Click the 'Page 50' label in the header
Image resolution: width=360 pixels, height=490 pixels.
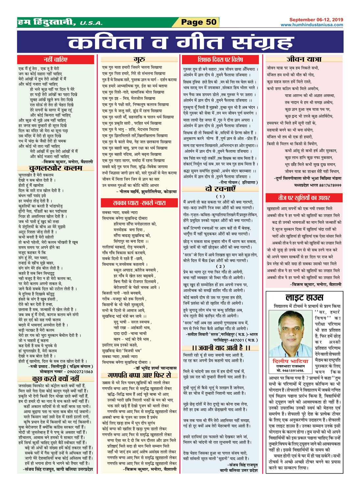199,22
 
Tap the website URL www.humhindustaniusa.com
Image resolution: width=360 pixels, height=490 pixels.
312,25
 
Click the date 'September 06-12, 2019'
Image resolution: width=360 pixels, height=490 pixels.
316,20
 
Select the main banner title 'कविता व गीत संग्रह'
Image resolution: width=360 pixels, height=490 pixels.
180,43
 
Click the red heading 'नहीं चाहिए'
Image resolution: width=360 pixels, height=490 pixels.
56,60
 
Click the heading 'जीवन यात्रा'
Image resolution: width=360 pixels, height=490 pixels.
304,59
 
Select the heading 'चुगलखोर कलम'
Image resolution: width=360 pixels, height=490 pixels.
56,168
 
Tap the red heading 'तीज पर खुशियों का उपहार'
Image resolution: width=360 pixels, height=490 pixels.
304,198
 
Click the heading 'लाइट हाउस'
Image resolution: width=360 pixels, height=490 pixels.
304,298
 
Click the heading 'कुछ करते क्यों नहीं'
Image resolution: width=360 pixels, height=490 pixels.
56,378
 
